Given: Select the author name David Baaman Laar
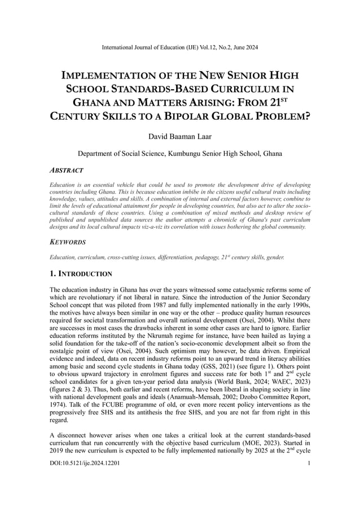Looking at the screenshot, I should point(179,137).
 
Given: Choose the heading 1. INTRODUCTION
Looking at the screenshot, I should point(81,274).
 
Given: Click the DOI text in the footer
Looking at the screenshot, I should point(84,463).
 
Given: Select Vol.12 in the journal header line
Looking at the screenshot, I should point(223,47).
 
